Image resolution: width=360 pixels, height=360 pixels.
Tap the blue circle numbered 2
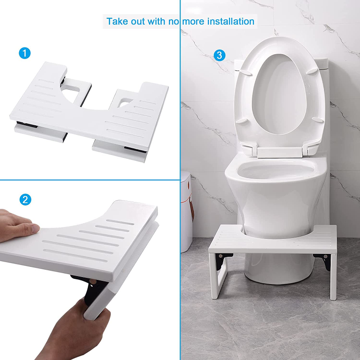click(x=25, y=200)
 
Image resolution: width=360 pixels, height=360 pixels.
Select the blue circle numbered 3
click(x=219, y=55)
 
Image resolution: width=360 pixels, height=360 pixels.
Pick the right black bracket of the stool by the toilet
click(x=327, y=262)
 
